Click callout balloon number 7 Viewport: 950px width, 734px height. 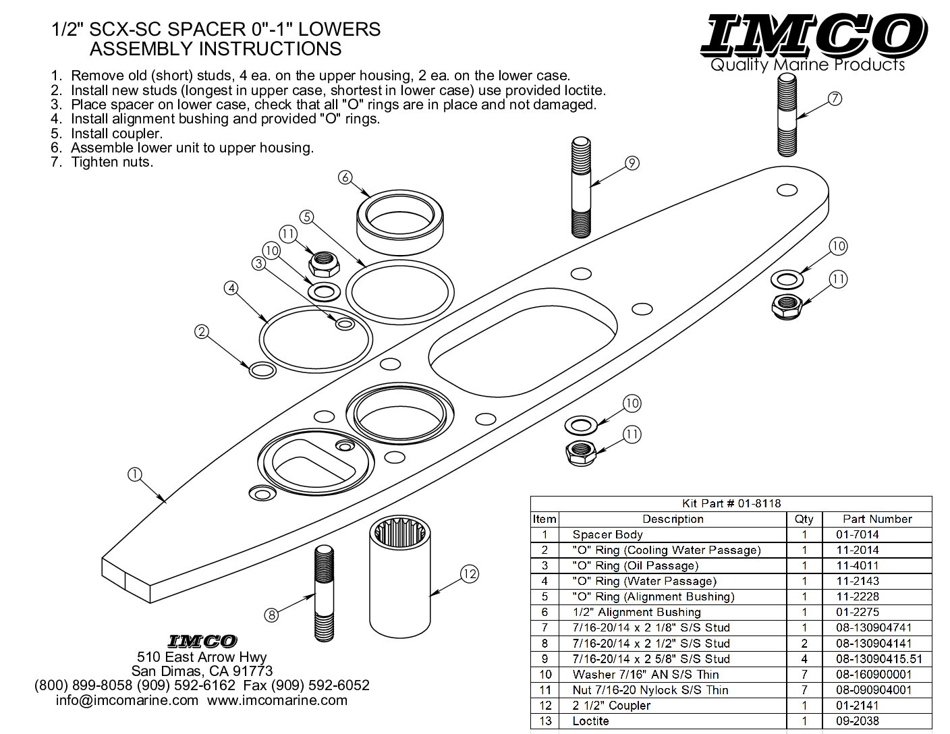(x=835, y=99)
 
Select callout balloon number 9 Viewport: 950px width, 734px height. (x=632, y=163)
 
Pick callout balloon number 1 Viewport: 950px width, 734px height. (x=135, y=474)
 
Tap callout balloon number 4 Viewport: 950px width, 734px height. (x=231, y=288)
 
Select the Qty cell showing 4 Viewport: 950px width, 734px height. (x=804, y=659)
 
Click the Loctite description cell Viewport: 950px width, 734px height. (x=590, y=721)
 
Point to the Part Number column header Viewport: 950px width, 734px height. (x=877, y=519)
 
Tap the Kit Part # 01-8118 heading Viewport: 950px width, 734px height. (x=731, y=503)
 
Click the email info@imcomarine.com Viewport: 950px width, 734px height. (x=127, y=700)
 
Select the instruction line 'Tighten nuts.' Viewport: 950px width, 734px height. (x=112, y=162)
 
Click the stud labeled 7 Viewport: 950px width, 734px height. (x=788, y=116)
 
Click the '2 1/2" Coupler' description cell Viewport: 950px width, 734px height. (x=611, y=706)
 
